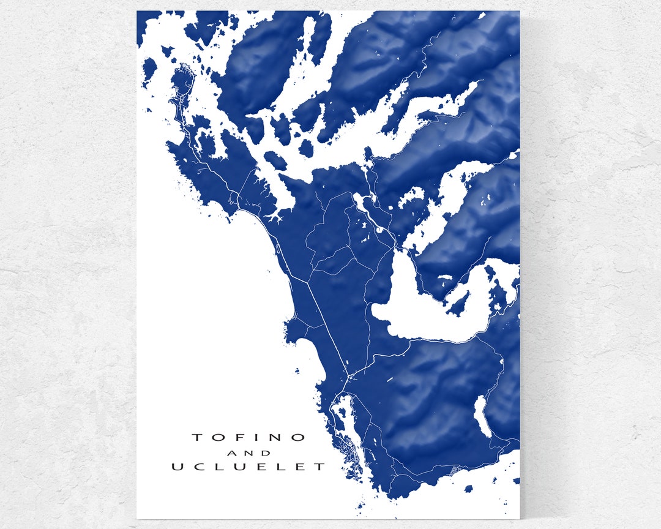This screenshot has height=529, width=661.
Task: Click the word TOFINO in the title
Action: pos(248,437)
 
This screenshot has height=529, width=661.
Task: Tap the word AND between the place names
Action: pos(248,454)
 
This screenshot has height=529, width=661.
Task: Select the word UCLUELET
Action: pos(248,467)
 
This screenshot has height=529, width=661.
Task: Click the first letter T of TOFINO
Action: pos(197,437)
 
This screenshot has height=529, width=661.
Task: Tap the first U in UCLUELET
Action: pos(177,467)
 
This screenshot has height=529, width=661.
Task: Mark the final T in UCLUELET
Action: pos(320,467)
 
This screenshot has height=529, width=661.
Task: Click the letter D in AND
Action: pos(266,454)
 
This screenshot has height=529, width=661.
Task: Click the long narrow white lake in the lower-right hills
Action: pos(482,416)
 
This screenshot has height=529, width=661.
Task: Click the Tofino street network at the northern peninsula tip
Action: pos(181,92)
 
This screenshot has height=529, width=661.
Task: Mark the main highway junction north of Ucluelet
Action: pos(348,375)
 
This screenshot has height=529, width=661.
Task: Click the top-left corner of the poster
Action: pos(137,11)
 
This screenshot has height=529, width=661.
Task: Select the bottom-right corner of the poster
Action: pos(519,519)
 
